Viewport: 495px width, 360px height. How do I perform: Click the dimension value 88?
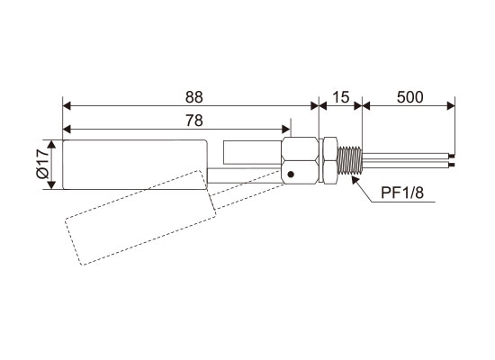point(193,97)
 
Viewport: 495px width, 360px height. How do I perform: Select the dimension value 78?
point(193,121)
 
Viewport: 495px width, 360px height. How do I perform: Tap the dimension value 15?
point(341,97)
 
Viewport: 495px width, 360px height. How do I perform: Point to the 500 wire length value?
point(409,97)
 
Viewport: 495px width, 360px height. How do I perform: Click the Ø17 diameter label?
point(42,164)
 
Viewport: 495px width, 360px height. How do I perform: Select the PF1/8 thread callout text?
point(402,193)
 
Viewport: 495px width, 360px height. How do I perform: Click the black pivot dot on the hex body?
point(291,174)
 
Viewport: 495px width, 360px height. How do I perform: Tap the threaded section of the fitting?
point(349,160)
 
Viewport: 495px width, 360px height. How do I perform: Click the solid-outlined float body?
point(135,165)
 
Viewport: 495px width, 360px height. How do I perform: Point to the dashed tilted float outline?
point(140,218)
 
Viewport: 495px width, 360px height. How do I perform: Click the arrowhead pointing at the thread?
point(355,181)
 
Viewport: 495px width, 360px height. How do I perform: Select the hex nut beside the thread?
point(330,160)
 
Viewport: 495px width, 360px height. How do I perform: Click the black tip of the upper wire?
point(453,157)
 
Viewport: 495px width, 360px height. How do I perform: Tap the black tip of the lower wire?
point(453,166)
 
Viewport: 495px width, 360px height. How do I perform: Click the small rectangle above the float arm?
point(252,152)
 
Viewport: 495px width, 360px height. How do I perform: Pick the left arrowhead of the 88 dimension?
point(67,106)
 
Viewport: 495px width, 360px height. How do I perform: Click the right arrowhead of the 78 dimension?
point(285,130)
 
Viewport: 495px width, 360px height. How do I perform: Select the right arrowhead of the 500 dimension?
point(451,106)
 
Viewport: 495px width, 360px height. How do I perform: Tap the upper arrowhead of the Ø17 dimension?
point(51,145)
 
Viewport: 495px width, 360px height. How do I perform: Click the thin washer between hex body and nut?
point(321,160)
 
